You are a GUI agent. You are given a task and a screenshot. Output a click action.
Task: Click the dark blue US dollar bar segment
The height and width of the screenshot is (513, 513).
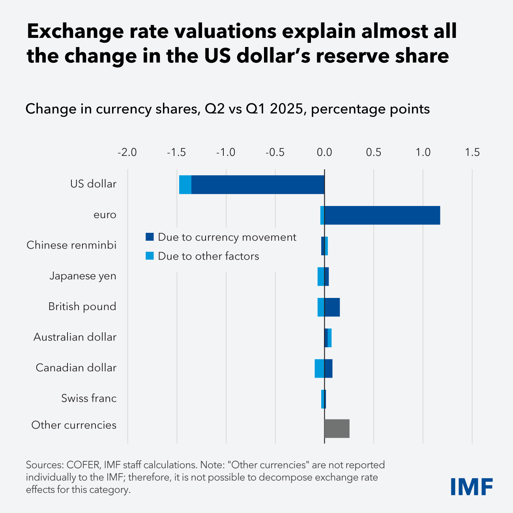click(258, 185)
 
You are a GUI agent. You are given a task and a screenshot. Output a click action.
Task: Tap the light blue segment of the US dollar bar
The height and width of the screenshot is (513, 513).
click(185, 185)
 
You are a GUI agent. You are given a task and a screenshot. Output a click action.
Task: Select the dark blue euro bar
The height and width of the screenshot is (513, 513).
click(382, 215)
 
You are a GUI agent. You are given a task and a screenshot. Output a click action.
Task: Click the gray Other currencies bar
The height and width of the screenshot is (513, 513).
click(337, 429)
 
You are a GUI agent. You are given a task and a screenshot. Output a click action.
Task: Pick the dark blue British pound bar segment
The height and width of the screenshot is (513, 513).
click(332, 307)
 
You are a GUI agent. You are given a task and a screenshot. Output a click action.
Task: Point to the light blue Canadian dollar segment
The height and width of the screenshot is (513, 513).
click(319, 368)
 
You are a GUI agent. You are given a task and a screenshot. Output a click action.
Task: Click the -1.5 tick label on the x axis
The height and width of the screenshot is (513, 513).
click(176, 152)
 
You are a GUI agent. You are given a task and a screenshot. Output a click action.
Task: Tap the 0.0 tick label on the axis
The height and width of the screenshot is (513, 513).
click(324, 152)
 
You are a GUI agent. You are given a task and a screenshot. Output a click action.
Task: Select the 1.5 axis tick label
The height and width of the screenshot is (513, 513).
click(472, 152)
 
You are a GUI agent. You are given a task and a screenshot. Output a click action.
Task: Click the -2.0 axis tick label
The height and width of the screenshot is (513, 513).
click(127, 152)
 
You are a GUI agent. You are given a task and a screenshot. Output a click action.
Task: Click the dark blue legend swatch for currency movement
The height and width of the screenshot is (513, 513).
click(150, 237)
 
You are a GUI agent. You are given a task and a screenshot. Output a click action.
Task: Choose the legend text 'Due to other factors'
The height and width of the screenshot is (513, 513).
click(208, 256)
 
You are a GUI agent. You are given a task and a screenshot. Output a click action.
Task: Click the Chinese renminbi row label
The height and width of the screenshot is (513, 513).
click(71, 245)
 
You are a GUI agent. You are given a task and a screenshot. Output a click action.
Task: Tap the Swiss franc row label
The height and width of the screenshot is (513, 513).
click(89, 398)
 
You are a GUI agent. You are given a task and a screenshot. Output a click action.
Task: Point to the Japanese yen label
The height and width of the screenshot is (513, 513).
click(83, 276)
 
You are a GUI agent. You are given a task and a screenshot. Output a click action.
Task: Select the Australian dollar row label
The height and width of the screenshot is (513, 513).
click(75, 337)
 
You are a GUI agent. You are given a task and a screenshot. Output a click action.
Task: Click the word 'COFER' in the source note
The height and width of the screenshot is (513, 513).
click(81, 465)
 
